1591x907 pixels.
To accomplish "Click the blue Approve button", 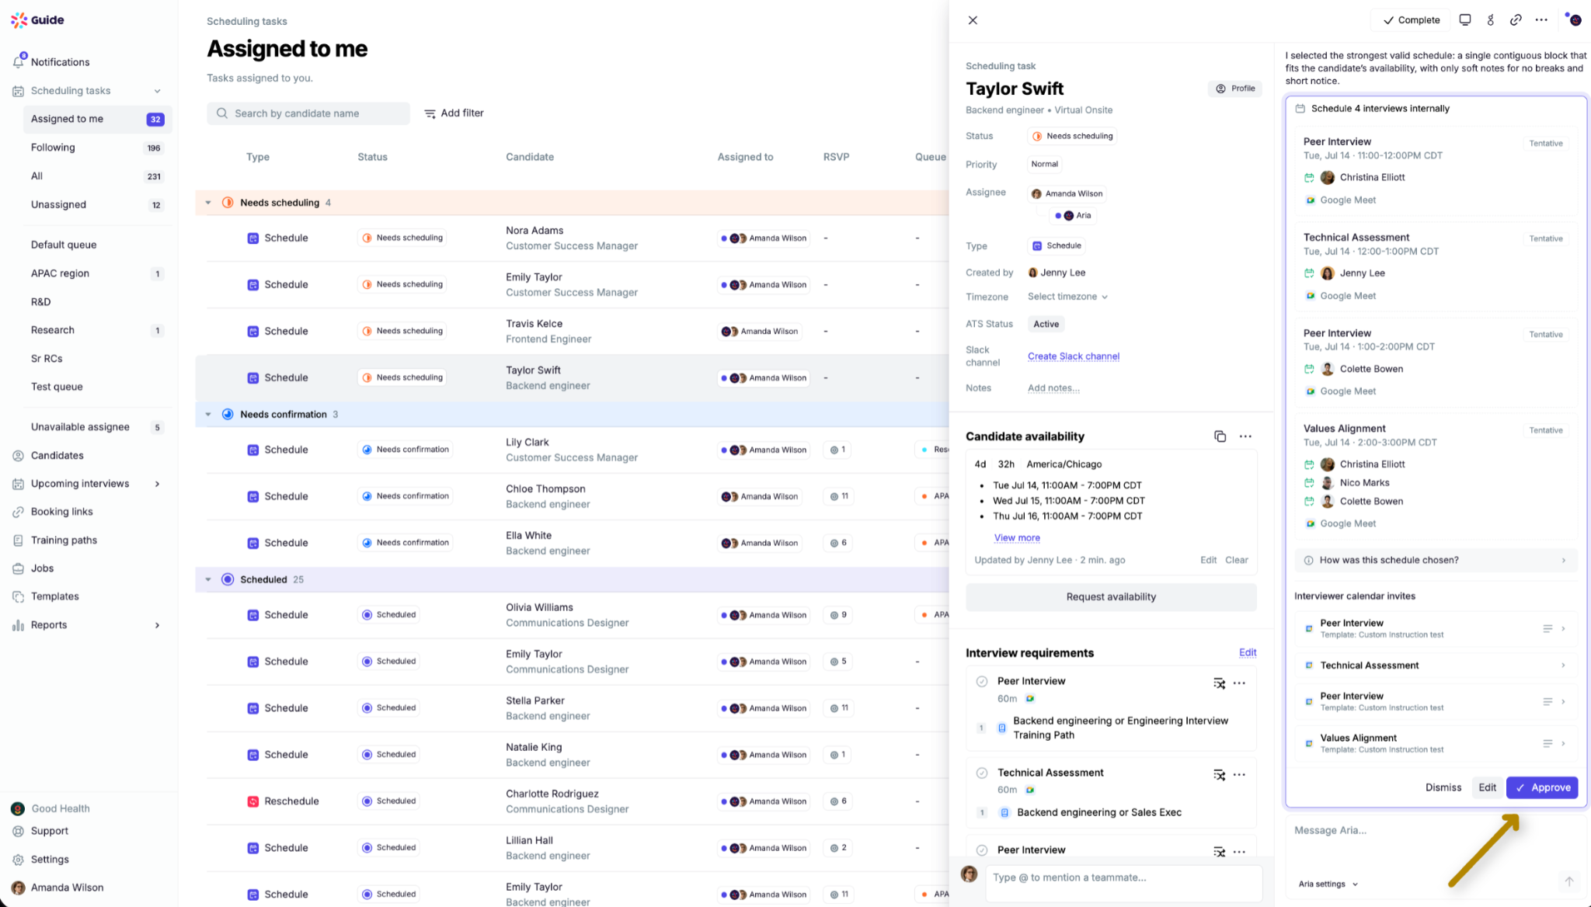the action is (1542, 787).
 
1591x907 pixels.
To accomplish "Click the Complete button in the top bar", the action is (1411, 20).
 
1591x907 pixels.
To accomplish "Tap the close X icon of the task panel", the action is (973, 20).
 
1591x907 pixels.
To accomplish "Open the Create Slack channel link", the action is (1074, 356).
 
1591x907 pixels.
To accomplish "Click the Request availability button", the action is (1111, 597).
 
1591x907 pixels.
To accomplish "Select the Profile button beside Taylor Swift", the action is (1235, 89).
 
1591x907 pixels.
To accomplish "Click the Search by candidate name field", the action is (308, 113).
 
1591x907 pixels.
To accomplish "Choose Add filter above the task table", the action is (454, 113).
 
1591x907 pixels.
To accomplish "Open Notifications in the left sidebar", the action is (60, 62).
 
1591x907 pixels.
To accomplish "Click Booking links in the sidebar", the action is (61, 512).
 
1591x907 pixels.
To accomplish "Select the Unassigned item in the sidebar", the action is (58, 205).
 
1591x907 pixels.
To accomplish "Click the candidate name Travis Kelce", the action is (534, 324).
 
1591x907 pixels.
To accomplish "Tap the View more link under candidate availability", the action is (1017, 538).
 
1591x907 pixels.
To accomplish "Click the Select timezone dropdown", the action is (1067, 297).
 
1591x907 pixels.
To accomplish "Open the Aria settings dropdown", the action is (1328, 884).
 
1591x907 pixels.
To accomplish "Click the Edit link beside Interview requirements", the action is (1248, 653).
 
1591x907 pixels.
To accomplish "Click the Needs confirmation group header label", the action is (284, 415).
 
